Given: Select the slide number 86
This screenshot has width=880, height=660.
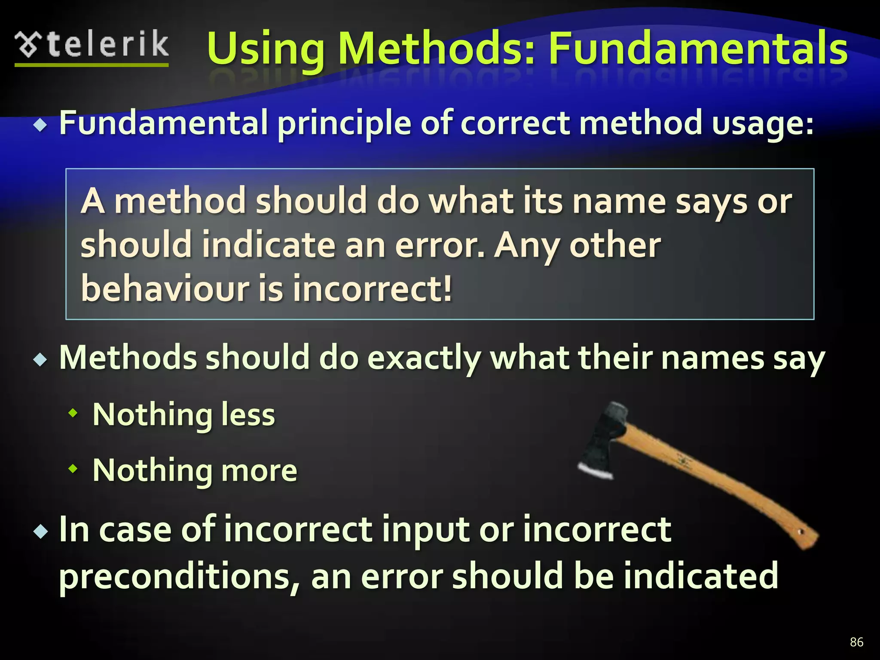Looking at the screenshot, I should [x=856, y=642].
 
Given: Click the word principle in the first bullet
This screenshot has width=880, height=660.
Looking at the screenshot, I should [x=344, y=124].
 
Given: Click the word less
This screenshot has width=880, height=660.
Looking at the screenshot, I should [x=248, y=415].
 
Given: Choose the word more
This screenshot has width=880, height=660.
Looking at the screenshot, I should [x=259, y=470].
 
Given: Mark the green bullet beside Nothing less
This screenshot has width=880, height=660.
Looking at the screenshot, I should [x=73, y=413].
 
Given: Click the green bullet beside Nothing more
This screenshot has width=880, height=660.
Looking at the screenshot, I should [x=73, y=469].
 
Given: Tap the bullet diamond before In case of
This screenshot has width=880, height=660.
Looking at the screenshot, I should [x=41, y=532].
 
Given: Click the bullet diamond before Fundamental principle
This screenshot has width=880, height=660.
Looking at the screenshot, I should [x=41, y=125].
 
